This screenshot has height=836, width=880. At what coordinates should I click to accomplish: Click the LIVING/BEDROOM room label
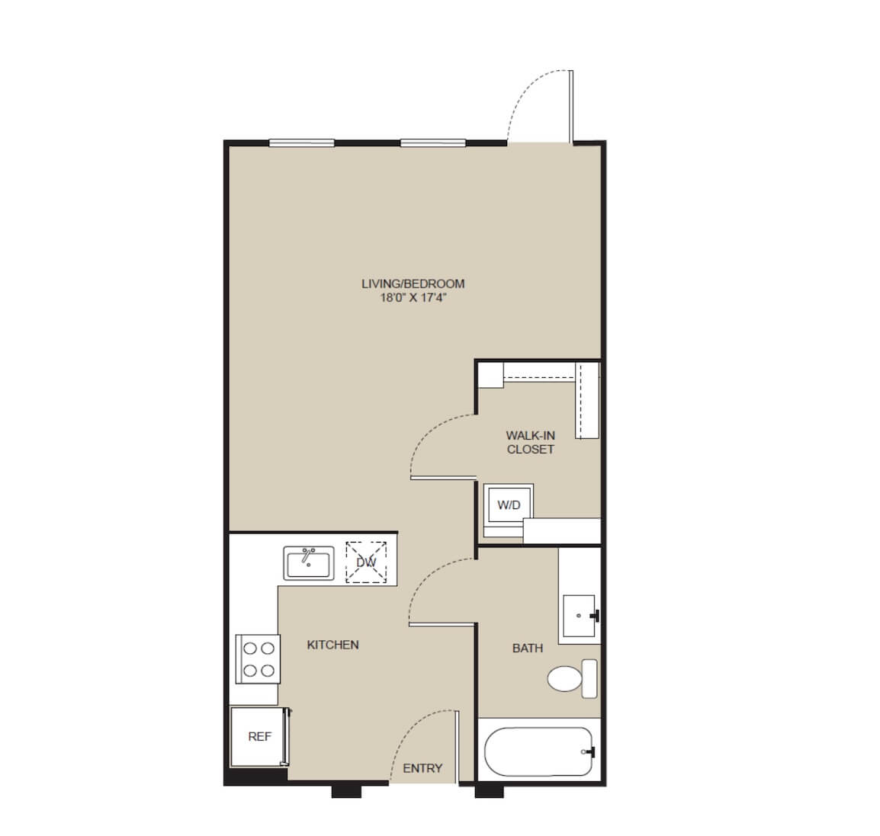pyautogui.click(x=413, y=283)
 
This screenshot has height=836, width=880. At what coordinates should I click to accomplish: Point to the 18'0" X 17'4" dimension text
pyautogui.click(x=413, y=298)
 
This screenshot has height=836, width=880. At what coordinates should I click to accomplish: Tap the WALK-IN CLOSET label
pyautogui.click(x=530, y=442)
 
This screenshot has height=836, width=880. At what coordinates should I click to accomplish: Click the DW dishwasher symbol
pyautogui.click(x=366, y=562)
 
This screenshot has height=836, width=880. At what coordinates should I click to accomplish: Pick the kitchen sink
pyautogui.click(x=309, y=563)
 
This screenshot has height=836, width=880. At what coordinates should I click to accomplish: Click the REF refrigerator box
pyautogui.click(x=260, y=736)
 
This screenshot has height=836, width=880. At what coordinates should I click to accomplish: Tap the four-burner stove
pyautogui.click(x=258, y=659)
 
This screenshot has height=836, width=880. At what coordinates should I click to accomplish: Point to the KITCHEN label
pyautogui.click(x=332, y=645)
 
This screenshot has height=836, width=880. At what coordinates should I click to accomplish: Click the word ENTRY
pyautogui.click(x=422, y=768)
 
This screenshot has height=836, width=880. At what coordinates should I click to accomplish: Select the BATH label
pyautogui.click(x=528, y=649)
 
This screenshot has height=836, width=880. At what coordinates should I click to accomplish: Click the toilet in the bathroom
pyautogui.click(x=572, y=678)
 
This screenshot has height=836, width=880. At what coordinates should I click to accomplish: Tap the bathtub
pyautogui.click(x=538, y=752)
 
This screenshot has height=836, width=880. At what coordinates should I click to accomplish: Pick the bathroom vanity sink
pyautogui.click(x=580, y=616)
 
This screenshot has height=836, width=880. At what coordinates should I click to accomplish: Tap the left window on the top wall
pyautogui.click(x=302, y=143)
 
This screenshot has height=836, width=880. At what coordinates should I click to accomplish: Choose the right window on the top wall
pyautogui.click(x=432, y=143)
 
